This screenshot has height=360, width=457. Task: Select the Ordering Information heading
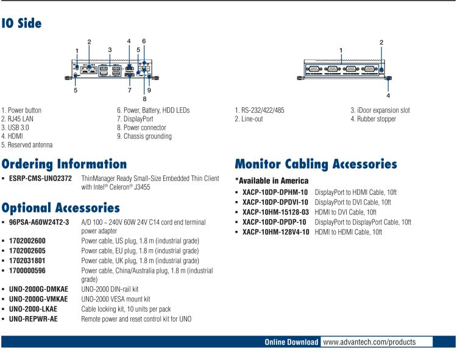(64, 164)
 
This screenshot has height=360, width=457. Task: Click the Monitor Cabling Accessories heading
(316, 164)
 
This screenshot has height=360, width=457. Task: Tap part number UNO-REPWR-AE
(34, 319)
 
